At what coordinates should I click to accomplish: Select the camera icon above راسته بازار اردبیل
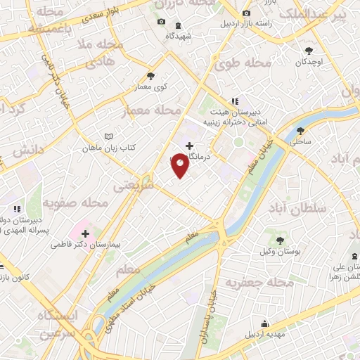(x=245, y=14)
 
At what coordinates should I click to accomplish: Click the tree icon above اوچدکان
(x=309, y=50)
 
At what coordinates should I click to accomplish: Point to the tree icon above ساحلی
(x=301, y=130)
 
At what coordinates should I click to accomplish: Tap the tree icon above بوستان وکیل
(x=280, y=240)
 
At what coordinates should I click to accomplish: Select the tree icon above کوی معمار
(x=150, y=76)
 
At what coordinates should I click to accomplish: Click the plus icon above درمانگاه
(x=189, y=146)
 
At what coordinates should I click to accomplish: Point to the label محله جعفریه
(x=259, y=283)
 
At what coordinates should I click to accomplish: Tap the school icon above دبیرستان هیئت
(x=235, y=100)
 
